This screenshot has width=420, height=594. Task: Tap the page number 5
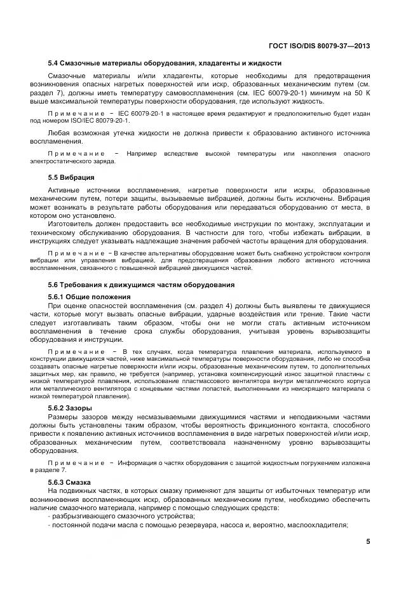369,541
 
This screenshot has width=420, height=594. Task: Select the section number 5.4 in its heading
53,64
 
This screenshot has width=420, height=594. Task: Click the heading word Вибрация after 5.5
78,177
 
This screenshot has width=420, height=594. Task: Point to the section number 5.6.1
57,297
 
